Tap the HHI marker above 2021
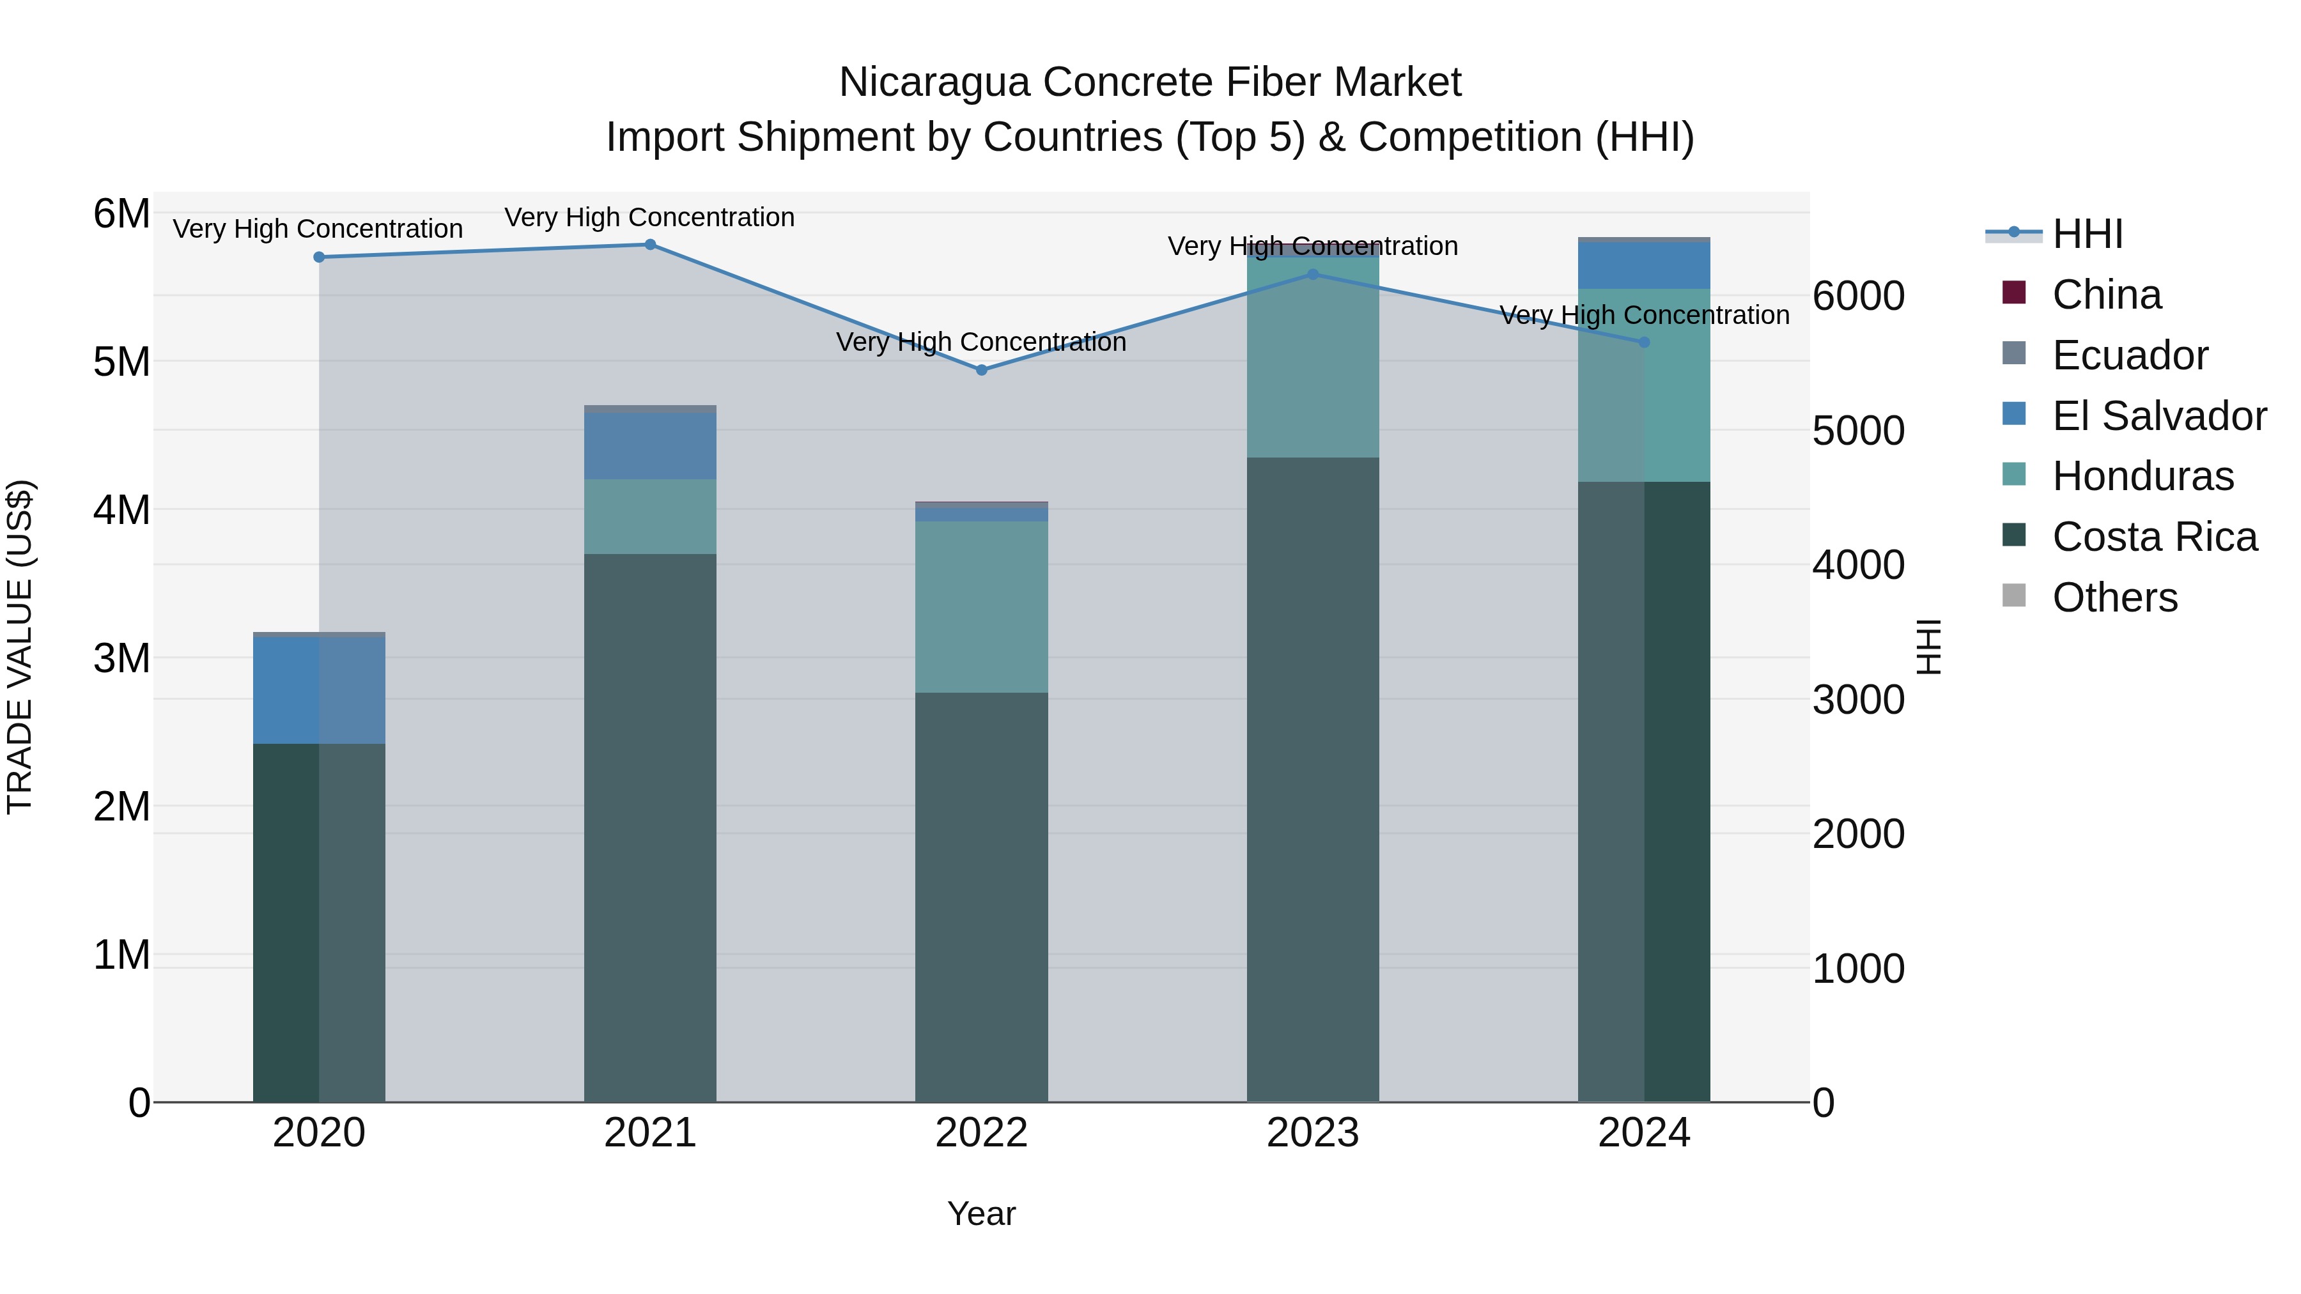tap(649, 245)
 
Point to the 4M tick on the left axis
tap(121, 510)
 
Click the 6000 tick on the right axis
tap(1858, 297)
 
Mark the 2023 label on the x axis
tap(1312, 1133)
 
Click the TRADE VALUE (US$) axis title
tap(20, 647)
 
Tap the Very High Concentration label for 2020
tap(318, 229)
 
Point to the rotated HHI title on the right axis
tap(1930, 647)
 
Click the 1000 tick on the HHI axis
tap(1858, 969)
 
